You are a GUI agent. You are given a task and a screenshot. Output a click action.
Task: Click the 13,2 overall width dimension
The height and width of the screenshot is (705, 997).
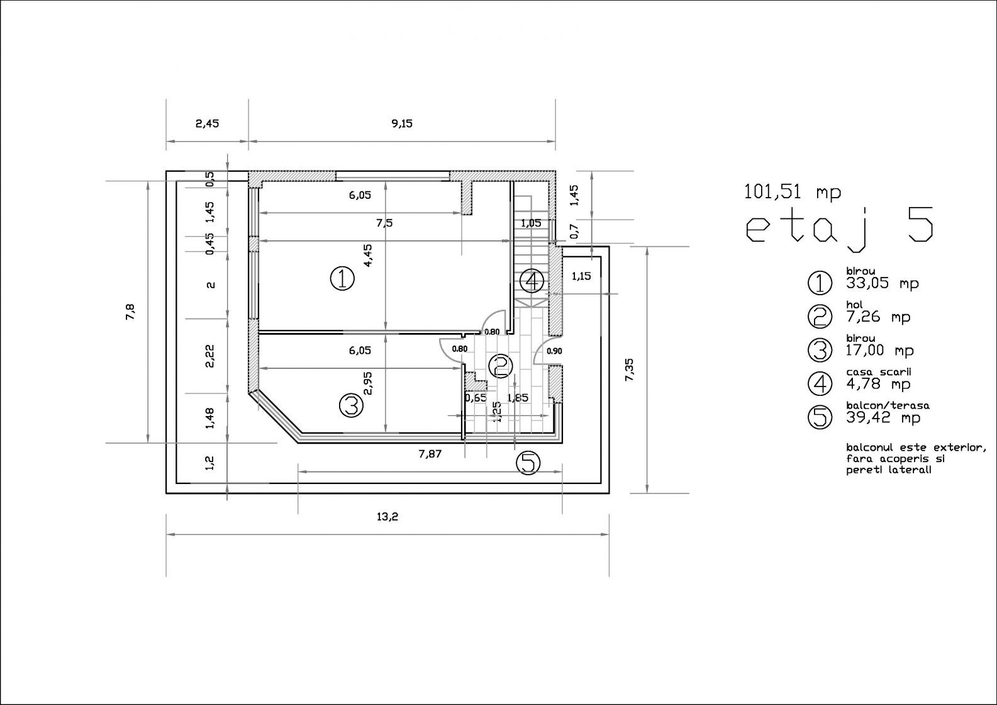point(387,517)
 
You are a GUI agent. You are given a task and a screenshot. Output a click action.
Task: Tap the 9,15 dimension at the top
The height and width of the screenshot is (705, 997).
point(402,123)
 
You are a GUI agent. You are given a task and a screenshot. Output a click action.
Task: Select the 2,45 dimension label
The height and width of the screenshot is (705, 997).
point(208,123)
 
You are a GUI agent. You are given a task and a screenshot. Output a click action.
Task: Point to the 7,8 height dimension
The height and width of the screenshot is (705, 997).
point(130,312)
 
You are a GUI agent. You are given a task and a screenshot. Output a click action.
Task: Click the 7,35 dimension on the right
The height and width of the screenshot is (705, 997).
point(630,369)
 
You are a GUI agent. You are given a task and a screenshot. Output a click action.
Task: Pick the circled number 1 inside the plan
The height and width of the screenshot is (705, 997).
point(342,279)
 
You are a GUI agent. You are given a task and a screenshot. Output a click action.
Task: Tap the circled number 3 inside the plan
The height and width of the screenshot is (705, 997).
point(351,405)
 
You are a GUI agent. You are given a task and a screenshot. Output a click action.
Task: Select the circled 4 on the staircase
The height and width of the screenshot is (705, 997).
point(532,281)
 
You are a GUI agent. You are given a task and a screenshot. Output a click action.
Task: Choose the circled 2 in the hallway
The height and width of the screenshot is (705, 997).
point(500,366)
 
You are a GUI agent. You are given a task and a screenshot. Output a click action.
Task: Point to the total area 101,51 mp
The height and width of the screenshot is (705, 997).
point(793,192)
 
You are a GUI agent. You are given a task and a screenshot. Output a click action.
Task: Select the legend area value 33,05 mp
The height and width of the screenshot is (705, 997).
point(882,283)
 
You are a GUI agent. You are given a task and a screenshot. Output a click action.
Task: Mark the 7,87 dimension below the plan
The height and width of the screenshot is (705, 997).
point(430,454)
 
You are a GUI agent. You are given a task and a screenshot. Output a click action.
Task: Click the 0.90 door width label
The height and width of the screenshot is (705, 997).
point(554,351)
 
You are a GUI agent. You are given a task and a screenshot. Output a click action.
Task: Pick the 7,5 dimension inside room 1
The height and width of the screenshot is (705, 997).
point(384,223)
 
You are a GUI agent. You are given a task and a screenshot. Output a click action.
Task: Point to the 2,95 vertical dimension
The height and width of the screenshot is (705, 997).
point(367,384)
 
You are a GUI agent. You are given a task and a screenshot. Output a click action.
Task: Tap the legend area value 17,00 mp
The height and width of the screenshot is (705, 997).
point(879,351)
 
